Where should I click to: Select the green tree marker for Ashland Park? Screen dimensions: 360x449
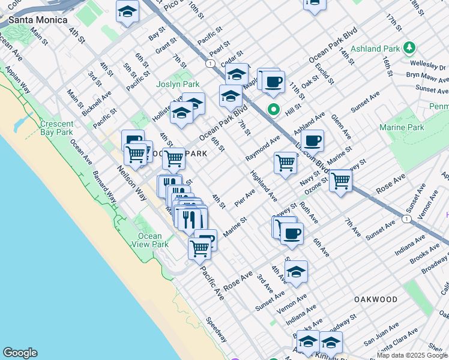pos(409,47)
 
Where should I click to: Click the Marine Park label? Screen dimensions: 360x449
pos(402,127)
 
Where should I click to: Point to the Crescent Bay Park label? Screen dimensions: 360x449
pos(56,128)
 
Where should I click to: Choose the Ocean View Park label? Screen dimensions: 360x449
pos(152,240)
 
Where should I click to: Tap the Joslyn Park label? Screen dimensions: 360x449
pos(177,84)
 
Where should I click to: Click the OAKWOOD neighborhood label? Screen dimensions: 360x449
pos(376,299)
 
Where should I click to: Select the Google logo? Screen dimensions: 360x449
pos(20,353)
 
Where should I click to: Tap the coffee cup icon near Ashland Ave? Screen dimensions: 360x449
pos(312,142)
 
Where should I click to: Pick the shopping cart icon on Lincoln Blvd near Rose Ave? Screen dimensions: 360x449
pos(340,180)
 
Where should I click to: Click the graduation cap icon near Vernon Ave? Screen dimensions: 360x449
pos(296,272)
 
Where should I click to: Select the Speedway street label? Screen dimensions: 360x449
pos(216,329)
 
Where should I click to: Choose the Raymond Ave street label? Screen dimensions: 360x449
pos(262,148)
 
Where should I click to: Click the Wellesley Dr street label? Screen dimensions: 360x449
pos(427,65)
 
